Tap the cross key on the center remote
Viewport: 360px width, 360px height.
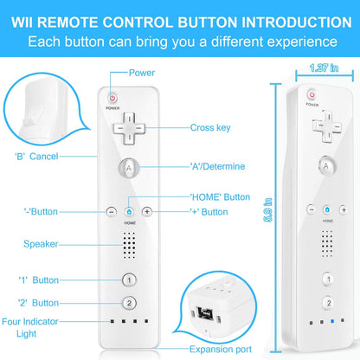point(129,127)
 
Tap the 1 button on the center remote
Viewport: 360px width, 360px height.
point(129,280)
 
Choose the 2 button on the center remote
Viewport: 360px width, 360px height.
point(129,303)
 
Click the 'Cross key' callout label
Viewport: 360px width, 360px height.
point(210,128)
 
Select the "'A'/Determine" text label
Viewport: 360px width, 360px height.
point(217,166)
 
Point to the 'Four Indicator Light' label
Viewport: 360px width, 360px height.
point(30,326)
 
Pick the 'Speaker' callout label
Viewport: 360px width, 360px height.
point(41,244)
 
